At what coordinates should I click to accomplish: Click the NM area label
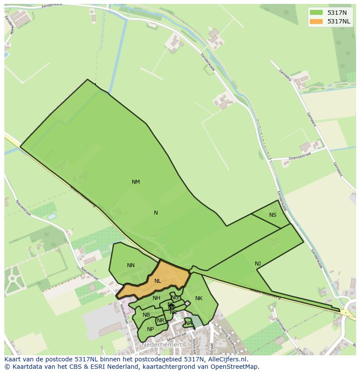coord(136,182)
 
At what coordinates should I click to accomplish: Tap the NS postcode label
coord(273,215)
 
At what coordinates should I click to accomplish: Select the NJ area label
coord(258,264)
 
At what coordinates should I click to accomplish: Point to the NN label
coord(130,265)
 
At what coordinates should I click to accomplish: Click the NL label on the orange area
coord(157,281)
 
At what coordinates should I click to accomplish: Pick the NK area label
coord(199,298)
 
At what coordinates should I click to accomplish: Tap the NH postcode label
coord(157,298)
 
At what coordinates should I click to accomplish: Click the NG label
coord(175,298)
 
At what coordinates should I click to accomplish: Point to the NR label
coord(161,321)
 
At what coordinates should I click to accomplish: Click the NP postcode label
coord(150,329)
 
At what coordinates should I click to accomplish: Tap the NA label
coord(188,323)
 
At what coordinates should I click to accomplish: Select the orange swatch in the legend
coord(316,21)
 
